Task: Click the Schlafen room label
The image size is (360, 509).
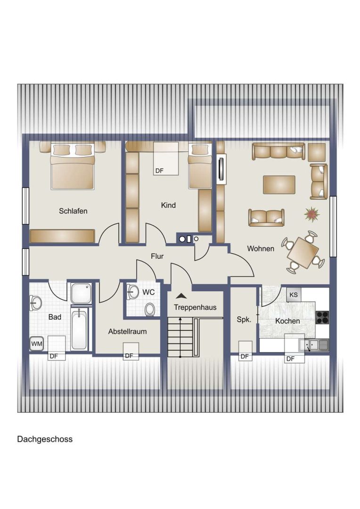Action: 73,211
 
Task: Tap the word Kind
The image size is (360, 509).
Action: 168,205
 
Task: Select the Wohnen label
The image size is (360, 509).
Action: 261,249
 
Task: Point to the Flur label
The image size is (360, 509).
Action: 157,256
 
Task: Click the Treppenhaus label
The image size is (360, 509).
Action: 195,307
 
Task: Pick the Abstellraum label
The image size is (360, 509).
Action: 127,331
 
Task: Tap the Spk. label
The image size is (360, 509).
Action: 244,320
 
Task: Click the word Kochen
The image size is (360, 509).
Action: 287,321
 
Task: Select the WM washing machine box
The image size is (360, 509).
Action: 37,344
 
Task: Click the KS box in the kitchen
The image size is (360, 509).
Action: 294,295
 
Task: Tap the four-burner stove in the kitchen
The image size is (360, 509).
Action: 322,318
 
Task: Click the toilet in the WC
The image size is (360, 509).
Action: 150,309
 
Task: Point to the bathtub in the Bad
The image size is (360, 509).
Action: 79,328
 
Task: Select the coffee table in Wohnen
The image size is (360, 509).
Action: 279,185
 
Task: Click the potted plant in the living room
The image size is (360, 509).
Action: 311,214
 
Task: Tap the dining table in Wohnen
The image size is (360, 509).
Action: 303,253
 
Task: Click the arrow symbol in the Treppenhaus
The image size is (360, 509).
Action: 181,296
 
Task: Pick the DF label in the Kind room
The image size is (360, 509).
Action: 159,171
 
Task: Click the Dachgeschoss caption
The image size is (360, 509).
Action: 45,439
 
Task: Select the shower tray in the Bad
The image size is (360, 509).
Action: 81,294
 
